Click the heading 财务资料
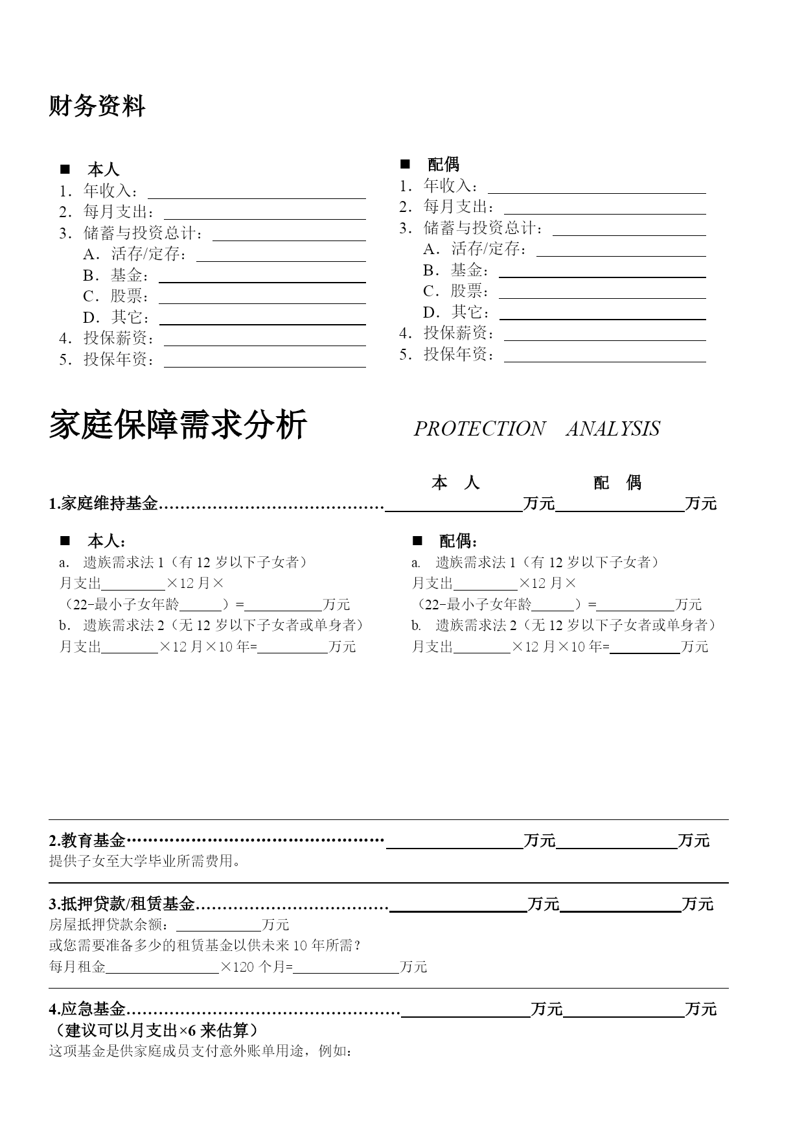tap(97, 106)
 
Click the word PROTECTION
tap(479, 428)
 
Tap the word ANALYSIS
tap(613, 428)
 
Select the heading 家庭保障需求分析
tap(178, 426)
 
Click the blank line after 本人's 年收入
tap(257, 193)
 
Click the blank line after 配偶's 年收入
tap(597, 188)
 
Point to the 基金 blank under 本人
tap(262, 277)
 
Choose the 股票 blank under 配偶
tap(602, 293)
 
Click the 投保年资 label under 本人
tap(119, 360)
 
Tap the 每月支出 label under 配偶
tap(459, 207)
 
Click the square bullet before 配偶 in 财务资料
tap(405, 164)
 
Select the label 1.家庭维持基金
tap(104, 504)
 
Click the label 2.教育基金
tap(87, 841)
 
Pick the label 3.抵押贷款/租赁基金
tap(122, 904)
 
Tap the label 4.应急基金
tap(87, 1009)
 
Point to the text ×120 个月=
tap(257, 967)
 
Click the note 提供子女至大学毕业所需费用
tap(145, 862)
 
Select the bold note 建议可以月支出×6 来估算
tap(153, 1031)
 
